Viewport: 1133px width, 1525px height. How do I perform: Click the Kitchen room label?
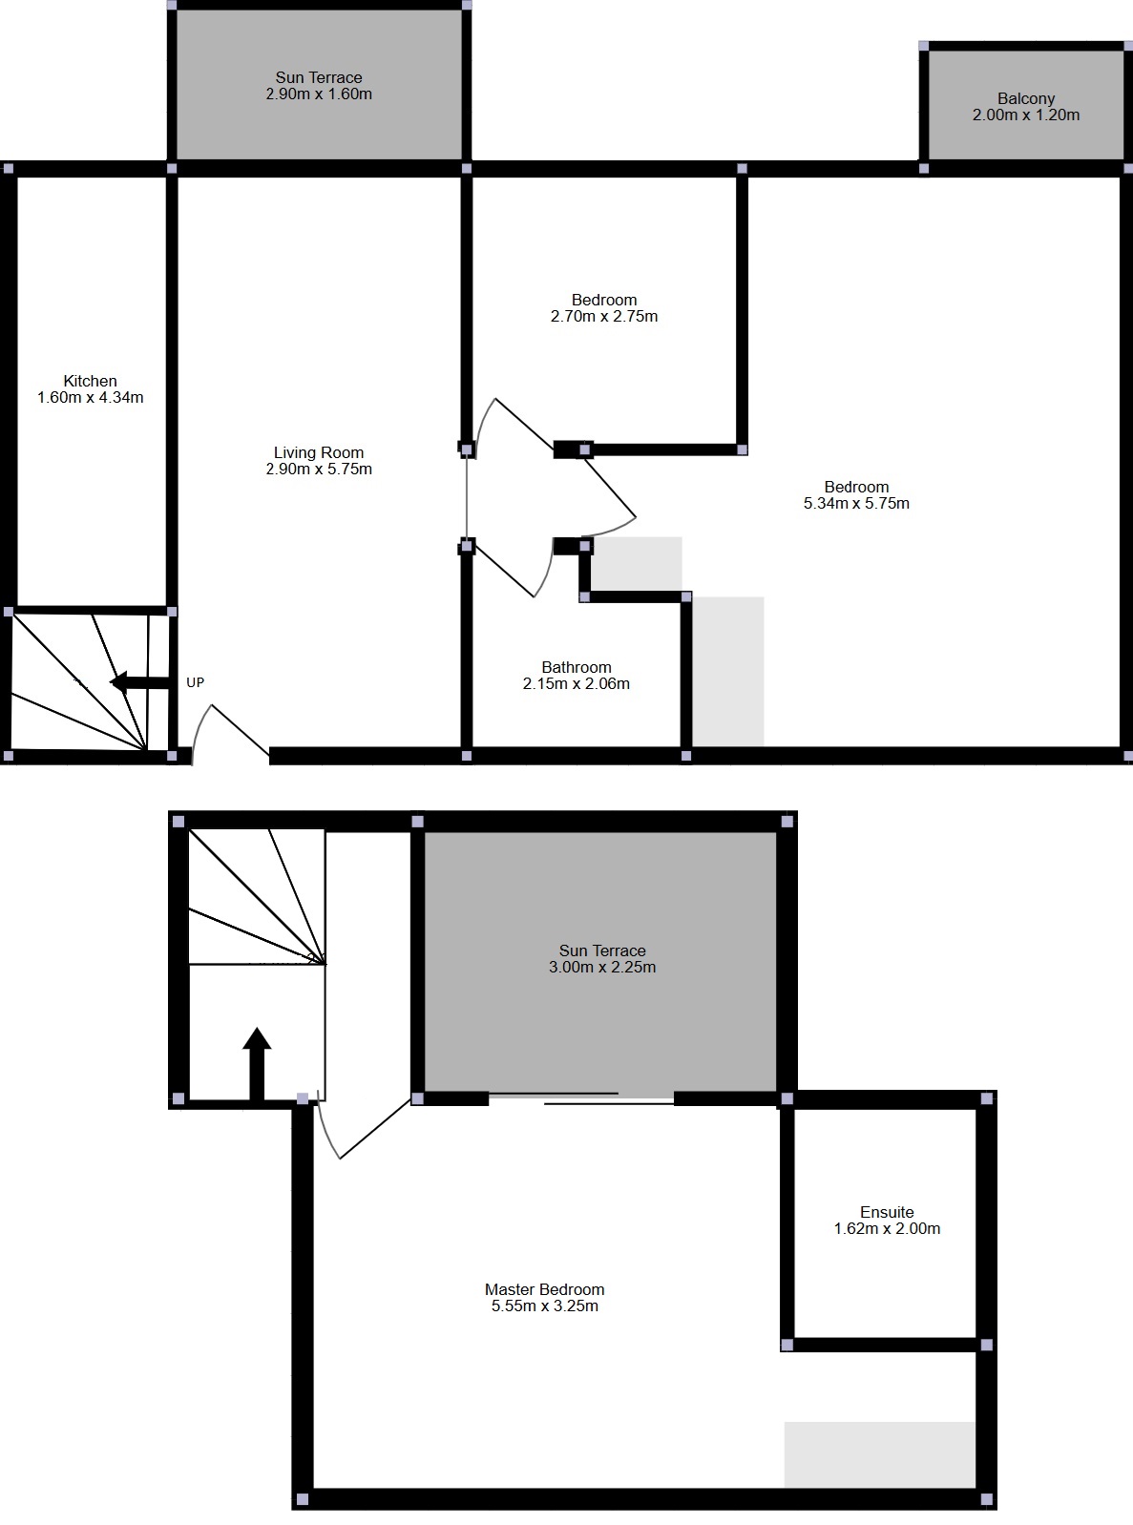90,381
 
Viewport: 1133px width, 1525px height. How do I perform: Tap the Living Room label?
319,452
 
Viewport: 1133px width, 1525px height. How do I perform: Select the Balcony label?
1026,99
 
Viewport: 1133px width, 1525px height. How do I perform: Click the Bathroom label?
577,667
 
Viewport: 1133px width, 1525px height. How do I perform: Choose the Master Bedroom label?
544,1289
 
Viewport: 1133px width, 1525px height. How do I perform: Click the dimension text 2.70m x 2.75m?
604,316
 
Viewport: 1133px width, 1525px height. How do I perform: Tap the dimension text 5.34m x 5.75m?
856,503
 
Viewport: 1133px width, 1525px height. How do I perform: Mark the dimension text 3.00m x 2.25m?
602,968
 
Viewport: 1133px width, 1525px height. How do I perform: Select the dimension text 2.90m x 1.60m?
319,94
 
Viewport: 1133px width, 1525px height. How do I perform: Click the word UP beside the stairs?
196,682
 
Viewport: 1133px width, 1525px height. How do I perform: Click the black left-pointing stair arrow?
139,682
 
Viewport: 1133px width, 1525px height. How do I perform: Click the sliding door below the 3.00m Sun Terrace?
581,1098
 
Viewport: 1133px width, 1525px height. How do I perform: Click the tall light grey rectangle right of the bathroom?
728,671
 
